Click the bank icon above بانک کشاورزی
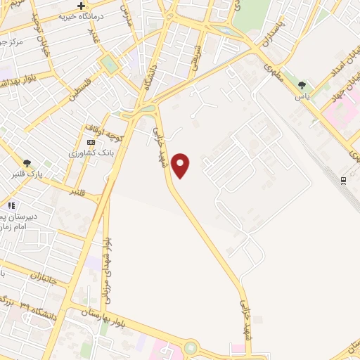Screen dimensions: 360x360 (x=90, y=142)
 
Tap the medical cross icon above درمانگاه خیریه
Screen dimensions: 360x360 (x=81, y=6)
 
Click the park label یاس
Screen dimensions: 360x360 (x=302, y=96)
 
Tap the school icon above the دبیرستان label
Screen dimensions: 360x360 (x=11, y=205)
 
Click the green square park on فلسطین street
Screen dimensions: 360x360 (x=109, y=64)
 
